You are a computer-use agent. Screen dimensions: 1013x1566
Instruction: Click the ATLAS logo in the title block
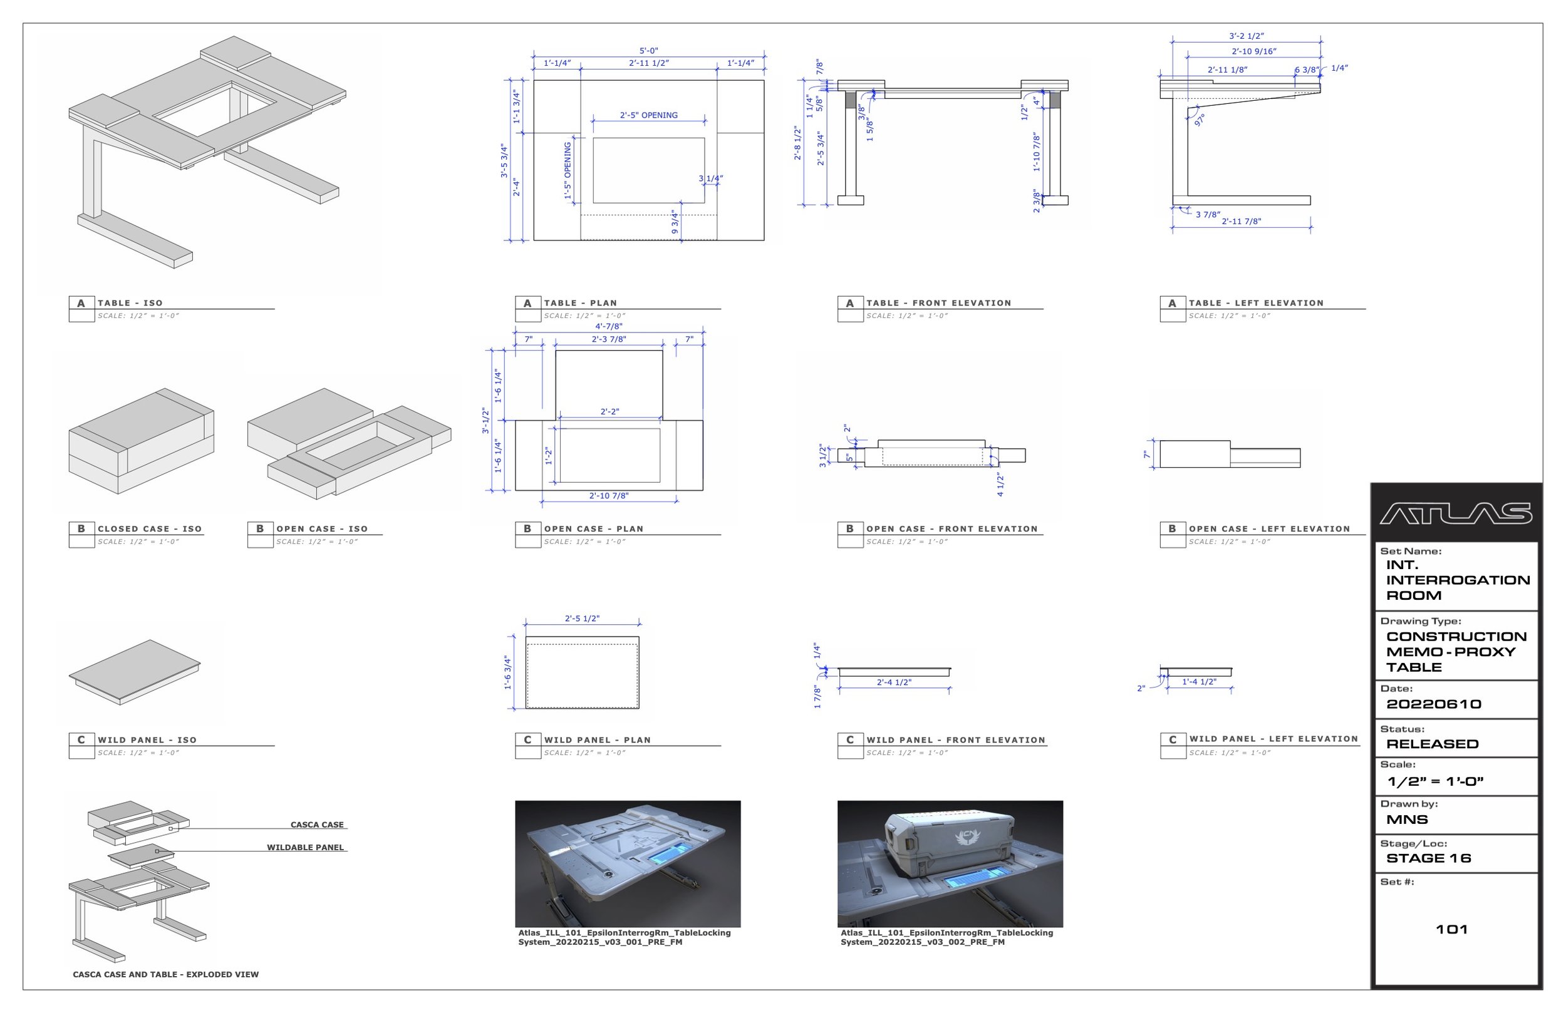tap(1456, 514)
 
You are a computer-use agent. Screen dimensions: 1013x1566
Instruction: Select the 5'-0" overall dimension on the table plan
tap(648, 51)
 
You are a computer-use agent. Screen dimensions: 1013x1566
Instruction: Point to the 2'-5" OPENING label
tap(648, 115)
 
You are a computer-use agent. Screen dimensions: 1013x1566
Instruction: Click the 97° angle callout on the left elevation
tap(1199, 120)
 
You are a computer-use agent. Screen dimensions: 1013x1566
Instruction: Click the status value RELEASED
tap(1432, 744)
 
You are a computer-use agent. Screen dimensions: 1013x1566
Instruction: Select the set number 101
tap(1451, 930)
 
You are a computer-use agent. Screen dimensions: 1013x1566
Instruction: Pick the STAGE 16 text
tap(1428, 858)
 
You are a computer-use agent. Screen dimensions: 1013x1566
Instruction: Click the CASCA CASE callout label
tap(316, 825)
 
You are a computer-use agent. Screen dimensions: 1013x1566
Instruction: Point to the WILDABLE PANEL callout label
tap(304, 848)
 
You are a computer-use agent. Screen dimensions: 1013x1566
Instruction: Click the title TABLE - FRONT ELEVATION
tap(938, 303)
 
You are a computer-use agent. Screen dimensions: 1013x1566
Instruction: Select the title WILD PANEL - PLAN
tap(597, 740)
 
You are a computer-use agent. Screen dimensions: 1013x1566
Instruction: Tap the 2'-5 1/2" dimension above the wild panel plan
tap(582, 619)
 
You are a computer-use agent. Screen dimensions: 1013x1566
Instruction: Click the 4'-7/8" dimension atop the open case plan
tap(608, 326)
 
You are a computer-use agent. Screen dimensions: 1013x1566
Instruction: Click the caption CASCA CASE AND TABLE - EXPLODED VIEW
tap(165, 975)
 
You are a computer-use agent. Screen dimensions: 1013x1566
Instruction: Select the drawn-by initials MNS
tap(1407, 820)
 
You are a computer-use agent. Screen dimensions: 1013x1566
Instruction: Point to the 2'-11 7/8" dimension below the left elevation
tap(1241, 222)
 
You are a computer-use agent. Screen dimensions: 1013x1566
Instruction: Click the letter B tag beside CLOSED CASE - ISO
tap(81, 529)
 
